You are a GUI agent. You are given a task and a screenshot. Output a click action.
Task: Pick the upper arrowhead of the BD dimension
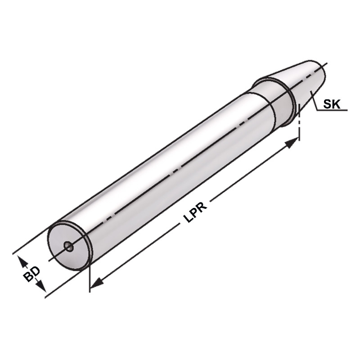pyautogui.click(x=21, y=260)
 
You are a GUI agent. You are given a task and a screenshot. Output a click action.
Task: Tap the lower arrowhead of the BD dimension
pyautogui.click(x=42, y=288)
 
